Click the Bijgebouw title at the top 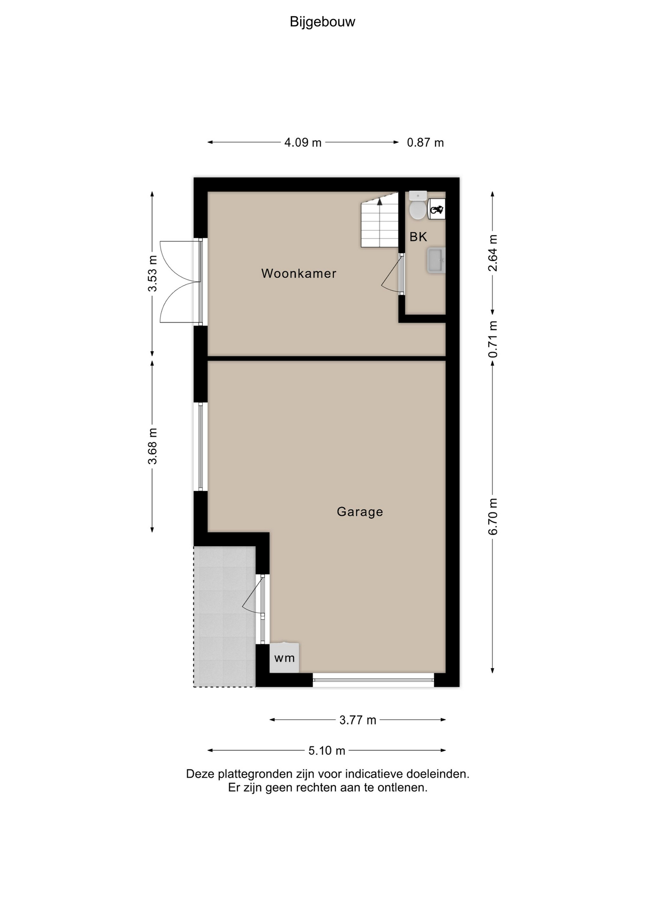tap(322, 22)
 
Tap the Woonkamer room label tap(299, 273)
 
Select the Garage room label tap(360, 512)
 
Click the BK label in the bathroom tap(418, 237)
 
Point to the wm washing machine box tap(285, 658)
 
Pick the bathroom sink tap(436, 260)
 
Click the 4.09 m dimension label tap(303, 142)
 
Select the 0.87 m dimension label tap(426, 142)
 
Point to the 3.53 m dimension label tap(152, 274)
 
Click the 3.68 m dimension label tap(152, 446)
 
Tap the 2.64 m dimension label tap(493, 253)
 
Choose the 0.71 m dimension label tap(493, 339)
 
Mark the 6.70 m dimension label tap(493, 517)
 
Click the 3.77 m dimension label tap(358, 720)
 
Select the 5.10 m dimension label tap(327, 751)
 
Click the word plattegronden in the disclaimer tap(256, 774)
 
